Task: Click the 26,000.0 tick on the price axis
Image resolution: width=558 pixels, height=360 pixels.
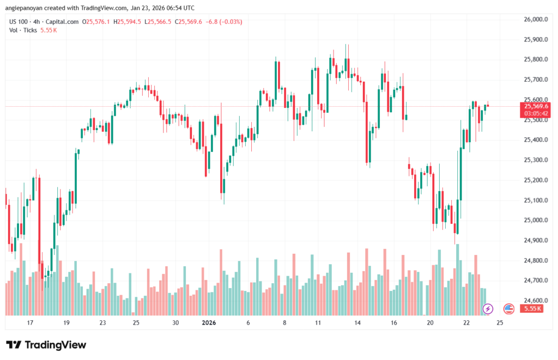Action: click(x=535, y=20)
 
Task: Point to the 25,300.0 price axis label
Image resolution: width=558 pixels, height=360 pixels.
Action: click(x=535, y=160)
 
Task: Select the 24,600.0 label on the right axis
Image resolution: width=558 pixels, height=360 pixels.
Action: click(x=535, y=301)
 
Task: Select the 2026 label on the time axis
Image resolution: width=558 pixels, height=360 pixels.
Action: click(x=209, y=322)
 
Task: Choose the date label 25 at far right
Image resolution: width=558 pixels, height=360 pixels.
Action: click(x=500, y=322)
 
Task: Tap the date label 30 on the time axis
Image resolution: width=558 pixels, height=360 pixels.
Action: click(x=175, y=322)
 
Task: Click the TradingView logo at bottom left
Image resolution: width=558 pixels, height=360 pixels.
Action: click(x=46, y=345)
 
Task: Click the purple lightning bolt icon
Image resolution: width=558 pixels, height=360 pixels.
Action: click(x=488, y=309)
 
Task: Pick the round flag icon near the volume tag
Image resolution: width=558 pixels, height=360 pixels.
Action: click(x=509, y=309)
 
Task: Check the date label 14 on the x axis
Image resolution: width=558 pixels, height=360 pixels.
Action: click(x=357, y=322)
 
